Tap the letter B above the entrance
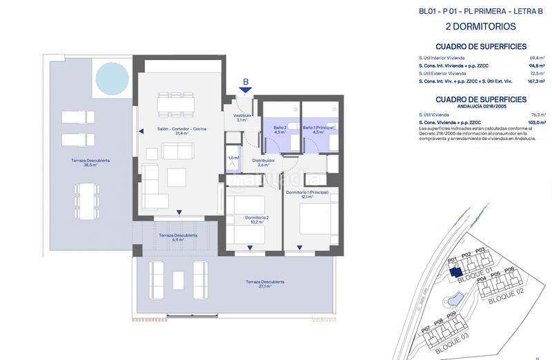(245, 85)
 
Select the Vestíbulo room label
(241, 118)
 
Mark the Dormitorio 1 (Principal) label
(300, 194)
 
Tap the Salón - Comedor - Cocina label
(181, 131)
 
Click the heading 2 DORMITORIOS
(480, 28)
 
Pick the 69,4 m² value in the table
(537, 58)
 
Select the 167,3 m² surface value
(535, 81)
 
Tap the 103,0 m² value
(535, 121)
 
